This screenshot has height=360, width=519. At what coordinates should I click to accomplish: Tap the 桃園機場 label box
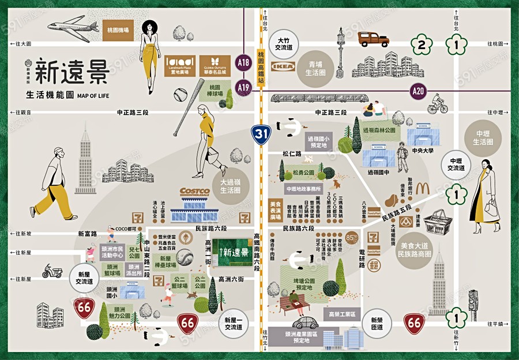(x=118, y=29)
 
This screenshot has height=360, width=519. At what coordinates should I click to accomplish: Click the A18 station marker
(x=245, y=62)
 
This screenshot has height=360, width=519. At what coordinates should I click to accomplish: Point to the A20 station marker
(x=419, y=91)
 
